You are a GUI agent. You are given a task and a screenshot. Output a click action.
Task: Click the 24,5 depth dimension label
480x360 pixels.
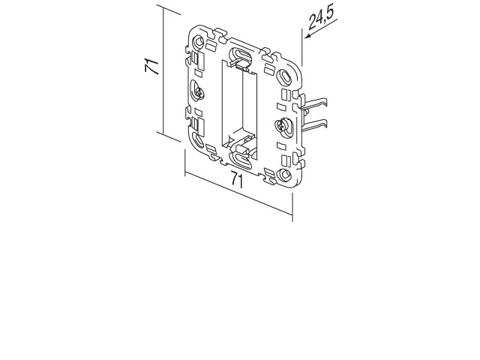tap(320, 17)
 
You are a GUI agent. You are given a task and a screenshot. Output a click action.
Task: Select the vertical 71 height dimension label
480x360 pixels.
tap(152, 67)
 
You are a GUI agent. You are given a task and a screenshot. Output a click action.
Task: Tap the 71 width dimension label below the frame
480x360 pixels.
tap(237, 180)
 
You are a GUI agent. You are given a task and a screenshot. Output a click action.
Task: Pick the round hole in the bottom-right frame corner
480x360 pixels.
tap(285, 175)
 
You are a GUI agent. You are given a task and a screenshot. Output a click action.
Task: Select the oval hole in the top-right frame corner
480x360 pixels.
tap(285, 76)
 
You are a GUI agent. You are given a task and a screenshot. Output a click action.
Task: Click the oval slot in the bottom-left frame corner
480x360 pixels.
tap(198, 140)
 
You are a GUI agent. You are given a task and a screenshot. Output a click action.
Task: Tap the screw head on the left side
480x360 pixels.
tap(200, 91)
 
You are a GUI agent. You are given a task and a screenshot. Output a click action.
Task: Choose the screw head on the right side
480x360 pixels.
tap(280, 125)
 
